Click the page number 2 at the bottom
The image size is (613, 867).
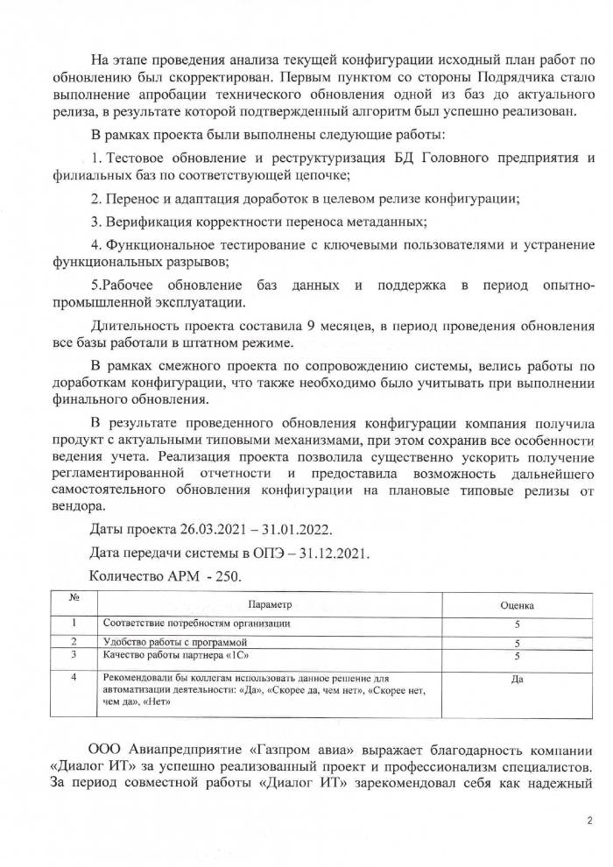point(588,821)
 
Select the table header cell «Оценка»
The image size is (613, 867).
point(517,605)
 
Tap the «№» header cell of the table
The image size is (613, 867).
point(76,598)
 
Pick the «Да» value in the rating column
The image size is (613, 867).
point(517,679)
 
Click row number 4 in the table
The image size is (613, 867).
point(75,678)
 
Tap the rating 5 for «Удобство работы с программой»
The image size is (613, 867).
point(517,644)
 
